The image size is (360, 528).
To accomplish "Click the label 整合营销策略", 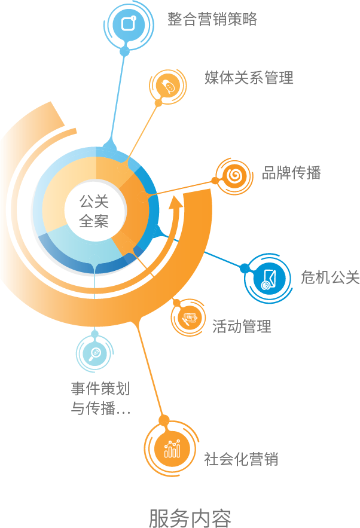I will click(x=212, y=19).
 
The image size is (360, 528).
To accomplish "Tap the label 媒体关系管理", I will click(x=249, y=78).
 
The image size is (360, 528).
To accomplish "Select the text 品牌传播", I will click(x=291, y=173).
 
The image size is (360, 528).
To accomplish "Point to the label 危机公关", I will click(x=330, y=277).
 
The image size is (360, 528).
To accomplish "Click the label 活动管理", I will click(x=242, y=326).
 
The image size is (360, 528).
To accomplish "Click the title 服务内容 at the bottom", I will click(x=190, y=517).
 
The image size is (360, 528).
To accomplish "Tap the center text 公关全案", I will click(x=94, y=211).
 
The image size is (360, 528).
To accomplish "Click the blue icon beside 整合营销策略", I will click(x=128, y=24).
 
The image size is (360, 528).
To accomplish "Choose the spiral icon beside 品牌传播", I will click(x=235, y=176).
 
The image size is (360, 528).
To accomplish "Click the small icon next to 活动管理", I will click(x=190, y=318).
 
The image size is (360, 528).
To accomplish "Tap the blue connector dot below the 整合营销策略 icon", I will click(x=124, y=52).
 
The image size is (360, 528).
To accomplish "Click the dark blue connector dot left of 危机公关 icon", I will click(x=244, y=268).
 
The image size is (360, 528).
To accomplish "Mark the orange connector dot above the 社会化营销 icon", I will click(x=164, y=420).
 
